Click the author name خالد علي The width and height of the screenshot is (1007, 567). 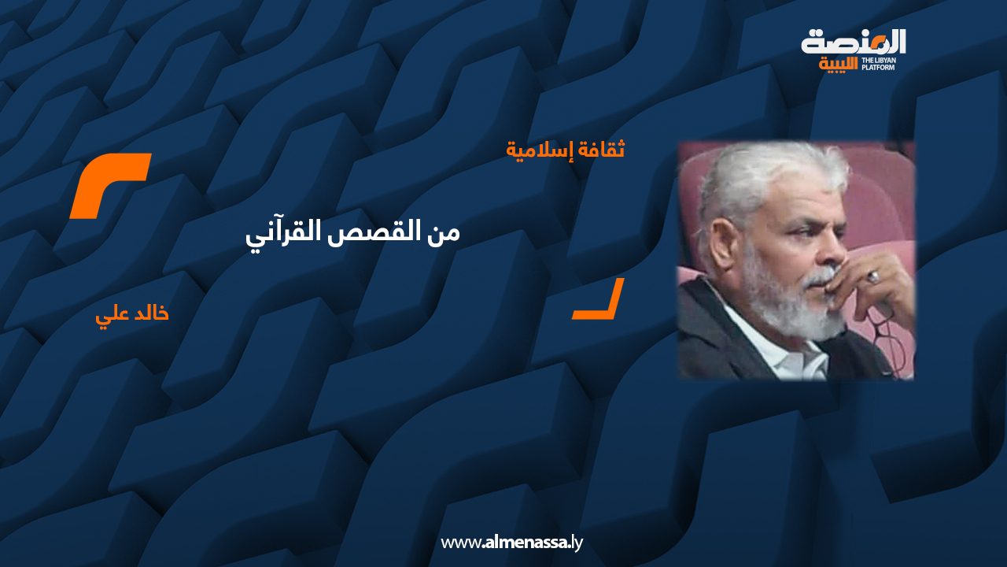point(131,313)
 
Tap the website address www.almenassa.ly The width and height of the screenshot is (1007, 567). point(511,543)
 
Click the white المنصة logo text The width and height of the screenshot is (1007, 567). point(854,43)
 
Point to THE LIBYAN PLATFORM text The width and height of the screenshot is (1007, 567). point(879,64)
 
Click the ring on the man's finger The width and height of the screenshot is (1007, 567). point(873,276)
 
